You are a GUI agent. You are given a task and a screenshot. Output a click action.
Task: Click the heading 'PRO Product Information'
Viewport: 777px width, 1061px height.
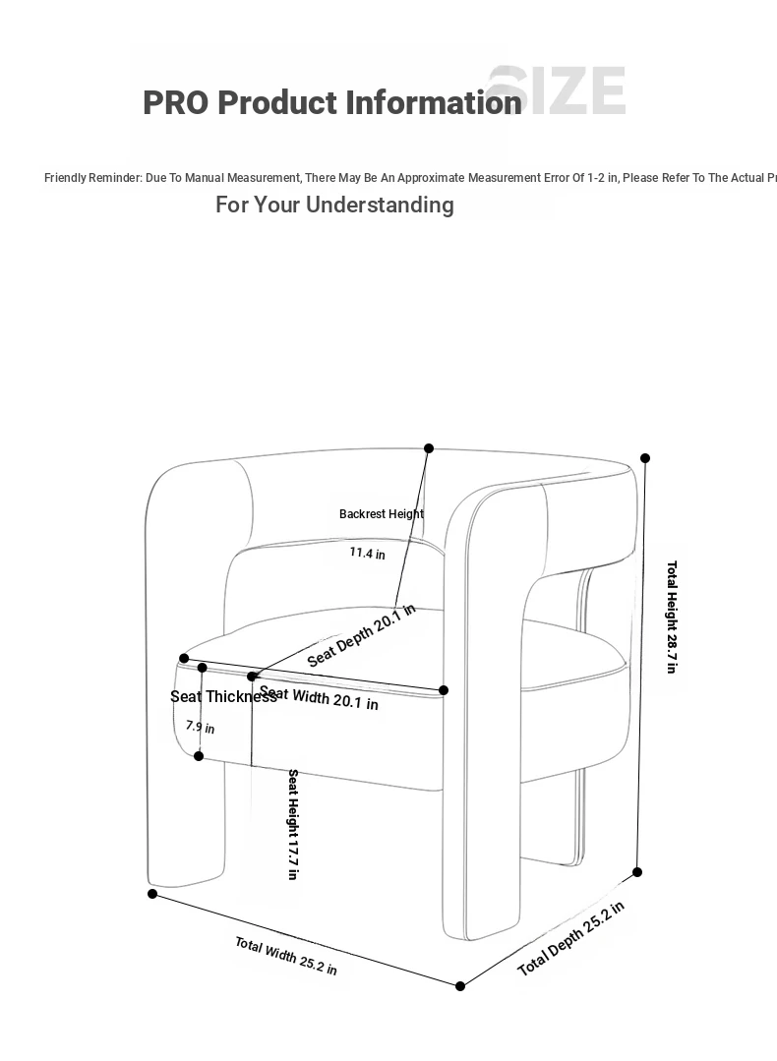pyautogui.click(x=331, y=102)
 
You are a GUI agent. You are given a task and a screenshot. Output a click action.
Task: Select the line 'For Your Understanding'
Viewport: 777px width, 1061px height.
pyautogui.click(x=334, y=205)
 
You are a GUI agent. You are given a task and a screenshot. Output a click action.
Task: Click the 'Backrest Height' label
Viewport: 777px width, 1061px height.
pyautogui.click(x=382, y=514)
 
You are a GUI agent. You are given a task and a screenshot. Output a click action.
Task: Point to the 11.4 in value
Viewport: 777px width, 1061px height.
pyautogui.click(x=367, y=554)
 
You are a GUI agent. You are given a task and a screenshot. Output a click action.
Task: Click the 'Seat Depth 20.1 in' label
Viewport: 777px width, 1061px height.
pyautogui.click(x=361, y=635)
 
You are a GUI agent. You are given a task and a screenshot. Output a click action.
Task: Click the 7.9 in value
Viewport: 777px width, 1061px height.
pyautogui.click(x=200, y=728)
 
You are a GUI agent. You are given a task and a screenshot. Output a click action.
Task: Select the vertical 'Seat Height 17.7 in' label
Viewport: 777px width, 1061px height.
pyautogui.click(x=293, y=824)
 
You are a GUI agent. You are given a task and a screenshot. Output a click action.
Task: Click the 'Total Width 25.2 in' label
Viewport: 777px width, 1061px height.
pyautogui.click(x=285, y=956)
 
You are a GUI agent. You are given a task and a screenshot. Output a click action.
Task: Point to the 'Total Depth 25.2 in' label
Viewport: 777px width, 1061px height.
pyautogui.click(x=570, y=939)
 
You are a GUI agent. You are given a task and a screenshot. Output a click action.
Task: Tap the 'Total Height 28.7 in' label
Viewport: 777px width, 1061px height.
pyautogui.click(x=672, y=617)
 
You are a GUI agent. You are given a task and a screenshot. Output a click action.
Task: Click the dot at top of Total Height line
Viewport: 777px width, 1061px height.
pyautogui.click(x=645, y=458)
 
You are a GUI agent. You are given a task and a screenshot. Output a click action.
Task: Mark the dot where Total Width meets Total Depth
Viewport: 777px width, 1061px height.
pyautogui.click(x=460, y=986)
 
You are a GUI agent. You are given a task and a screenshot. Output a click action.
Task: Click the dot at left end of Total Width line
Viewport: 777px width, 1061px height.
pyautogui.click(x=152, y=894)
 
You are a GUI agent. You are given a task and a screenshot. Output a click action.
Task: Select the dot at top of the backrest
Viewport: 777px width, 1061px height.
pyautogui.click(x=429, y=448)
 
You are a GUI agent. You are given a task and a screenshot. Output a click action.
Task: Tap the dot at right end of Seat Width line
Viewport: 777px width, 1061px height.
pyautogui.click(x=444, y=690)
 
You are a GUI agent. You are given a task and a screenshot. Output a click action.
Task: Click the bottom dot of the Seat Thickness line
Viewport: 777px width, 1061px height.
pyautogui.click(x=199, y=756)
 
